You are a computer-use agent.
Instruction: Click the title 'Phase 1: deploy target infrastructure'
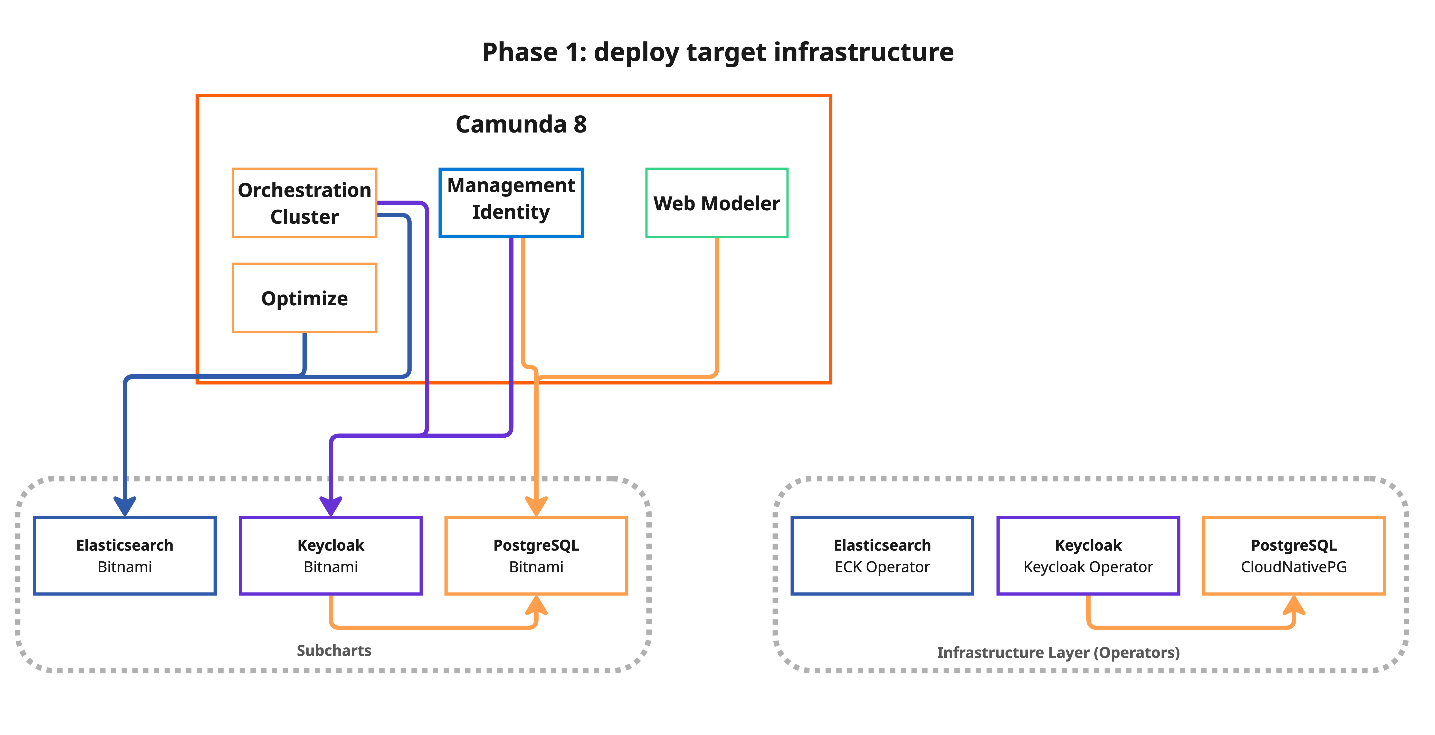[717, 52]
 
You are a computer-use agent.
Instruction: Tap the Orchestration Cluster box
[304, 203]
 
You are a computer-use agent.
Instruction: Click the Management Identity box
[511, 203]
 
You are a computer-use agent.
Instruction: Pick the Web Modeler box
[716, 203]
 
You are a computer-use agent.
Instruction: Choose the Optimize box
[304, 298]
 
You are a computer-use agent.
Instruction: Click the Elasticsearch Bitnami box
[125, 555]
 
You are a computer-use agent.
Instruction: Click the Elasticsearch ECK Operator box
[882, 555]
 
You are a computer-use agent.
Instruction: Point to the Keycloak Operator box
[1088, 555]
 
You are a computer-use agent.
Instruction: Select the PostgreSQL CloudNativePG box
[1294, 555]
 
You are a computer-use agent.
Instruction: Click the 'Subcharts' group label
[334, 650]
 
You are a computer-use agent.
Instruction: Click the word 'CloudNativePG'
[1294, 567]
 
